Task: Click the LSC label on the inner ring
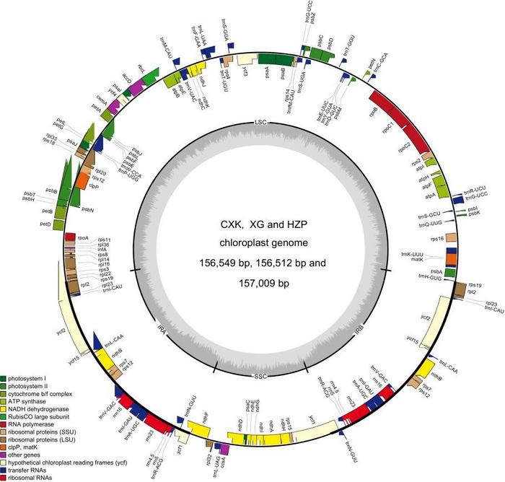tap(261, 122)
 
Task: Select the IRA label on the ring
tap(163, 328)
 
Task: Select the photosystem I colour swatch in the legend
tap(5, 378)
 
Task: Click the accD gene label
tap(126, 78)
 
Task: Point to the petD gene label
tap(45, 224)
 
